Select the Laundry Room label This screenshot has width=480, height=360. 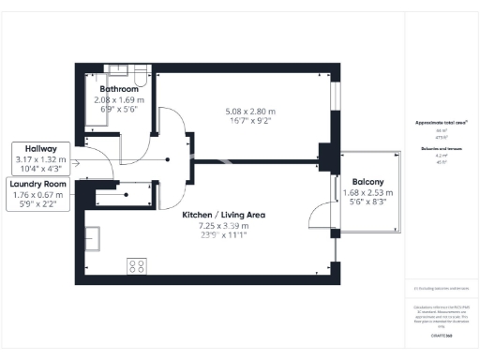pyautogui.click(x=36, y=184)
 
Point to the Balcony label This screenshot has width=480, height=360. pyautogui.click(x=367, y=182)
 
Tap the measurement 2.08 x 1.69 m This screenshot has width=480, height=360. pyautogui.click(x=119, y=99)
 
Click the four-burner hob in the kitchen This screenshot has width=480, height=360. pyautogui.click(x=136, y=265)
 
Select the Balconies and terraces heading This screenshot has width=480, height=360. pyautogui.click(x=437, y=149)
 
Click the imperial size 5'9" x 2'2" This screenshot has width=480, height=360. pyautogui.click(x=36, y=205)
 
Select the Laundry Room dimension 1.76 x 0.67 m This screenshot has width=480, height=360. pyautogui.click(x=36, y=195)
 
